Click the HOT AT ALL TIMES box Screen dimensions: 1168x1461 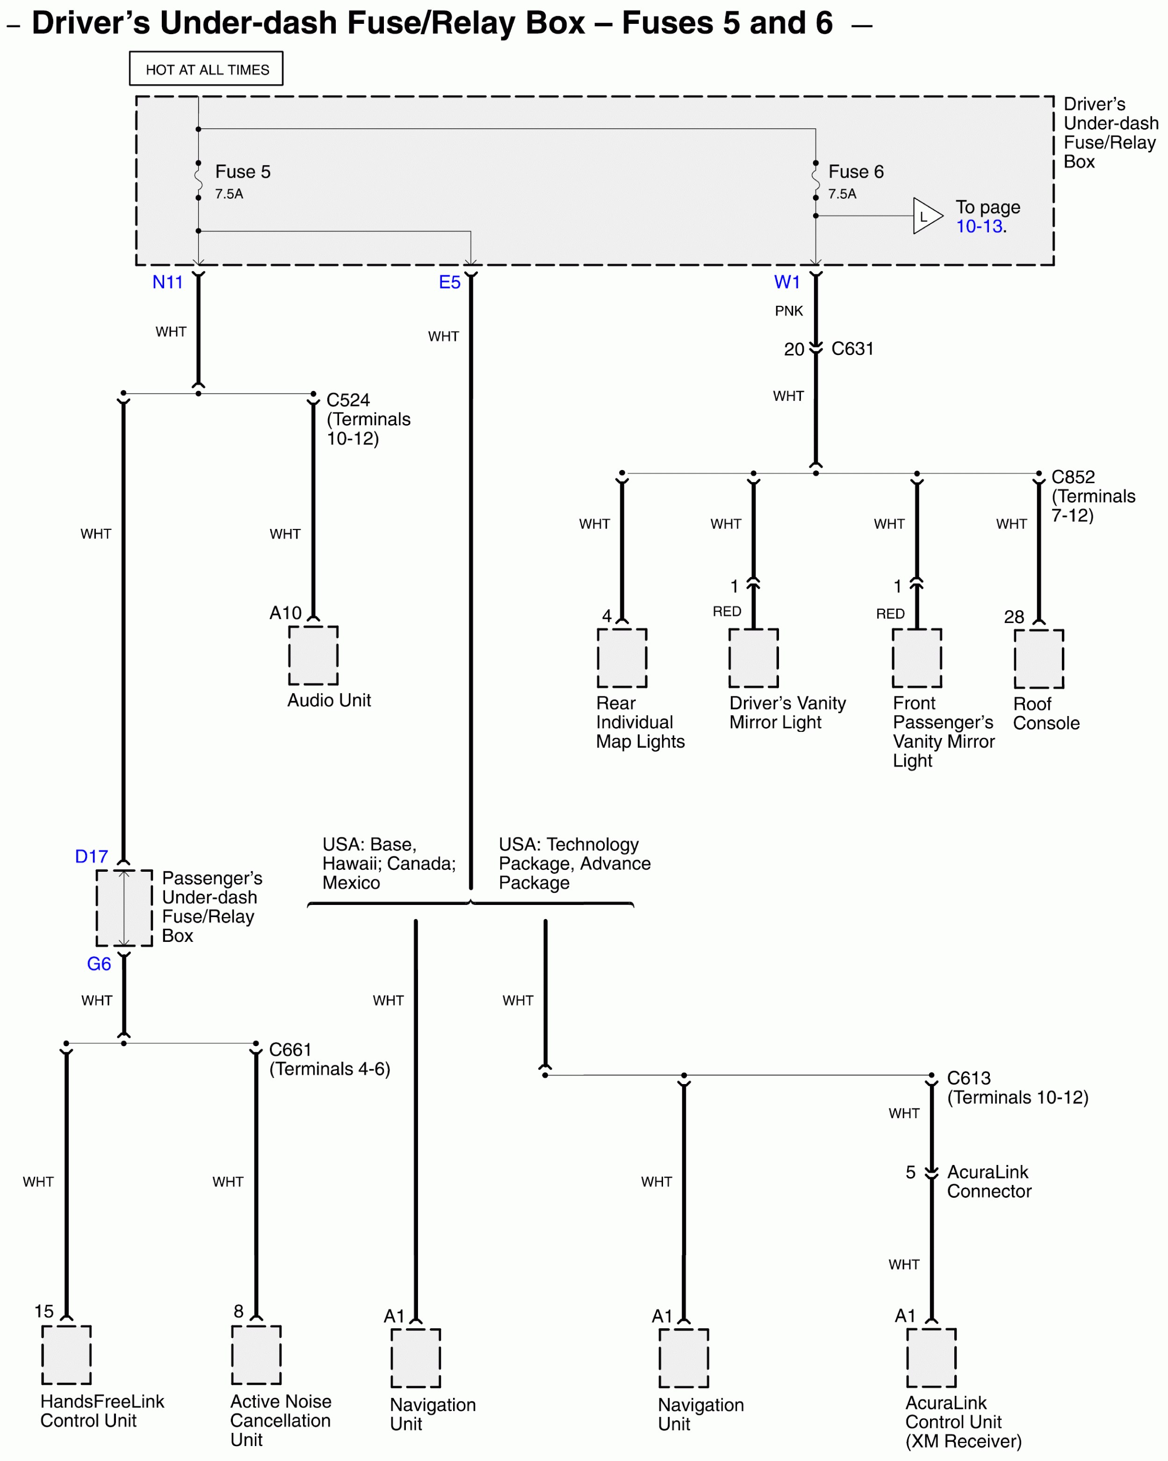pos(206,68)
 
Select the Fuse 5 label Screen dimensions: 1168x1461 pos(243,172)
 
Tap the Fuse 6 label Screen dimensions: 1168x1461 pos(856,172)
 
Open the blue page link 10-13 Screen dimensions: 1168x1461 pos(979,226)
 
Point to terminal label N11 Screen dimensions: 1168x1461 pos(167,282)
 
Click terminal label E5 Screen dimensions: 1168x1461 pos(449,282)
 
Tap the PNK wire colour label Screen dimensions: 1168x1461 pos(789,311)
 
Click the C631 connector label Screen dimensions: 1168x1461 pos(852,348)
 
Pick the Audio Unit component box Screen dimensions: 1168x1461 pos(313,655)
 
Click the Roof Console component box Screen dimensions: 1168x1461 pos(1038,658)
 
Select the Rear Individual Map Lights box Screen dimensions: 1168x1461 pos(622,658)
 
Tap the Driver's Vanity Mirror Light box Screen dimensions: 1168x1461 pos(753,658)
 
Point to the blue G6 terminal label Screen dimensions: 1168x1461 pos(99,963)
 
